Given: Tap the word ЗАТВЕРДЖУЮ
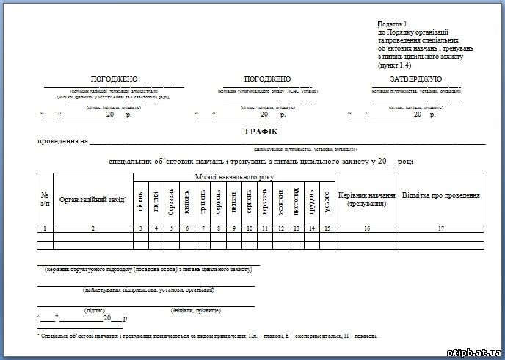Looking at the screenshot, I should pos(415,79).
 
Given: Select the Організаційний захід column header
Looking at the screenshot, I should pos(92,199).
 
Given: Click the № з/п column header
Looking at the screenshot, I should pos(45,198).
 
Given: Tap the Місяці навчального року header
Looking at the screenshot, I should pos(233,177).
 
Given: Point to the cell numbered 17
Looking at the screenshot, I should pos(441,229).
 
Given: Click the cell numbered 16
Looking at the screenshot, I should pos(367,229).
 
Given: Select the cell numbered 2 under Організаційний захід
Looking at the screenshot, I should pos(92,229).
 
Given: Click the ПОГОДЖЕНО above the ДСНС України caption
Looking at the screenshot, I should pos(267,79).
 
